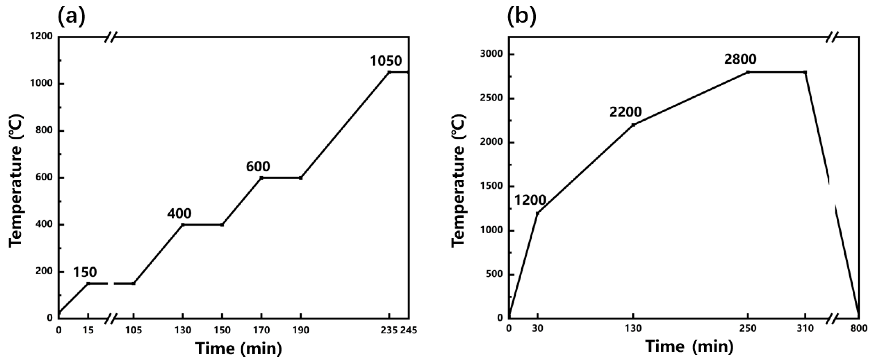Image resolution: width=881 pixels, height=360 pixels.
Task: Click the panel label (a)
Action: [71, 16]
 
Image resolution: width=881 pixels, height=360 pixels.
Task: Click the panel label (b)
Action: [521, 16]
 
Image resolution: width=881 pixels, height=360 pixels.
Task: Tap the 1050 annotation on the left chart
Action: [386, 61]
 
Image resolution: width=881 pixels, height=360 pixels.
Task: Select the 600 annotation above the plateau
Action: [258, 166]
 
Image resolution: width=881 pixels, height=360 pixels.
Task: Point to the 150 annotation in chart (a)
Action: [85, 272]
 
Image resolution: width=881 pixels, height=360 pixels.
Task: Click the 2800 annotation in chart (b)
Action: [740, 59]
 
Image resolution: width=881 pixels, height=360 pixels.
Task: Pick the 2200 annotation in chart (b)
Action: [626, 112]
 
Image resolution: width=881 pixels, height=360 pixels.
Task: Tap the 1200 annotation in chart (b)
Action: [530, 200]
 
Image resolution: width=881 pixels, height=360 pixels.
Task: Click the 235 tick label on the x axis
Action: [389, 330]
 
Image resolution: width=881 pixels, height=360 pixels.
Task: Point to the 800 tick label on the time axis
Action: [859, 328]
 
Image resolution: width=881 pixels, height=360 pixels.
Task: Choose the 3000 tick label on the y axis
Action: [491, 54]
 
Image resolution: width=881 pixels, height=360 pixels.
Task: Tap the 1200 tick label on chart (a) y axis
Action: [41, 36]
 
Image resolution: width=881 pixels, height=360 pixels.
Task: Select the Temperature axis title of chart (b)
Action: [458, 181]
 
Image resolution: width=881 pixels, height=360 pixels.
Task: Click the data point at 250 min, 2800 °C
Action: [748, 72]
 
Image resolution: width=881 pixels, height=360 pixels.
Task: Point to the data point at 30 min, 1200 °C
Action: [538, 213]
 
